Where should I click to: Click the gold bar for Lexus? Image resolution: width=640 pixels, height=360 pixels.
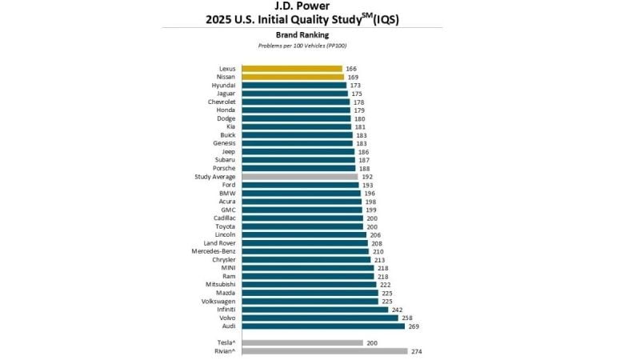[291, 69]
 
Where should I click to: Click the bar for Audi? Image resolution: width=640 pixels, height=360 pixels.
[323, 326]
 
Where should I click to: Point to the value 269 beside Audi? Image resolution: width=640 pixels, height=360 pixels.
[414, 326]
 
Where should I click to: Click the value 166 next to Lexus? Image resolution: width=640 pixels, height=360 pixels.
[351, 69]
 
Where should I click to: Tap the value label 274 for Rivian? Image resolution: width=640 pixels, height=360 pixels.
[417, 351]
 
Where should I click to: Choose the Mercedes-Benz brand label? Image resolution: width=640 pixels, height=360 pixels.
[213, 251]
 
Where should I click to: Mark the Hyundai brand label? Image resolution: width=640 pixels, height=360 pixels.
[223, 86]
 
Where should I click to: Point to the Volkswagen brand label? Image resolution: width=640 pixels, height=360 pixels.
[218, 301]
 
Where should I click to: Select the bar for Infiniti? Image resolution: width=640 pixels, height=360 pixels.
[315, 310]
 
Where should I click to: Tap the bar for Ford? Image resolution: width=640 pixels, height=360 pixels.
[300, 185]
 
